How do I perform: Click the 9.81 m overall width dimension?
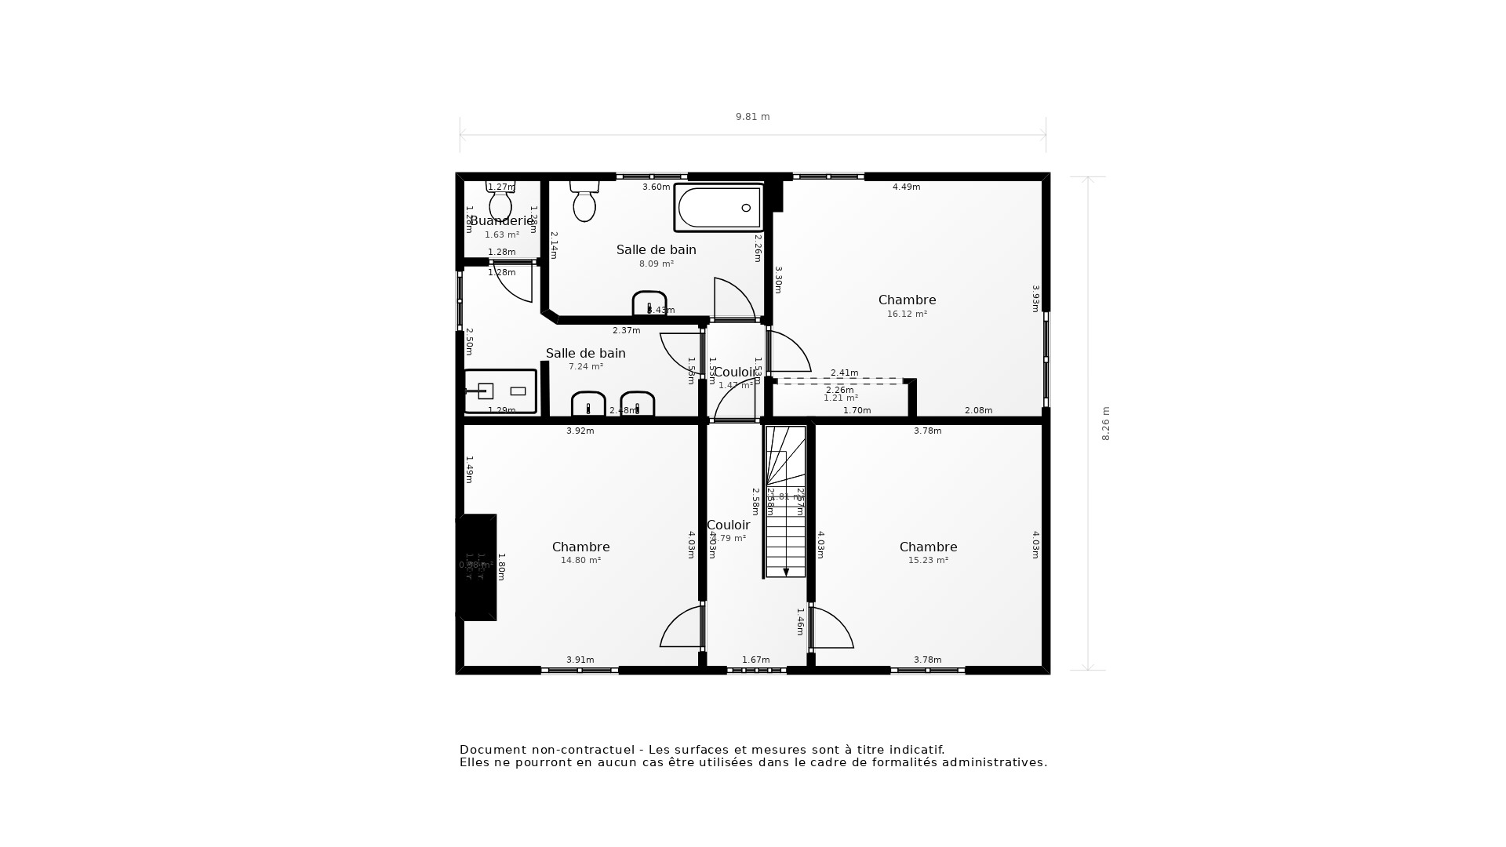pyautogui.click(x=752, y=117)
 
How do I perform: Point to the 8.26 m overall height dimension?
pyautogui.click(x=1106, y=423)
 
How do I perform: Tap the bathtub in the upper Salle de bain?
pyautogui.click(x=718, y=208)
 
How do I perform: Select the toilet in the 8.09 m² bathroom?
pyautogui.click(x=584, y=202)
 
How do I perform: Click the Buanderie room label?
pyautogui.click(x=502, y=221)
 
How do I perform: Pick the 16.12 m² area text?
pyautogui.click(x=907, y=314)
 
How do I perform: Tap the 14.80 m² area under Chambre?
pyautogui.click(x=580, y=561)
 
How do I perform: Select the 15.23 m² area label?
pyautogui.click(x=928, y=561)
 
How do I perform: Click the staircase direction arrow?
pyautogui.click(x=786, y=572)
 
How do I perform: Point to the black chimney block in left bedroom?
pyautogui.click(x=477, y=567)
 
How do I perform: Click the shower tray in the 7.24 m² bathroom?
pyautogui.click(x=500, y=391)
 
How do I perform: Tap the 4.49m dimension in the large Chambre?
pyautogui.click(x=906, y=187)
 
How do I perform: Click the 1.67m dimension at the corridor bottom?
pyautogui.click(x=755, y=660)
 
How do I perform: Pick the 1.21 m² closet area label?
pyautogui.click(x=840, y=398)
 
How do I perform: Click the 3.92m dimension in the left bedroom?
pyautogui.click(x=580, y=431)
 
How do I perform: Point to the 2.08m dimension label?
pyautogui.click(x=978, y=410)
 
